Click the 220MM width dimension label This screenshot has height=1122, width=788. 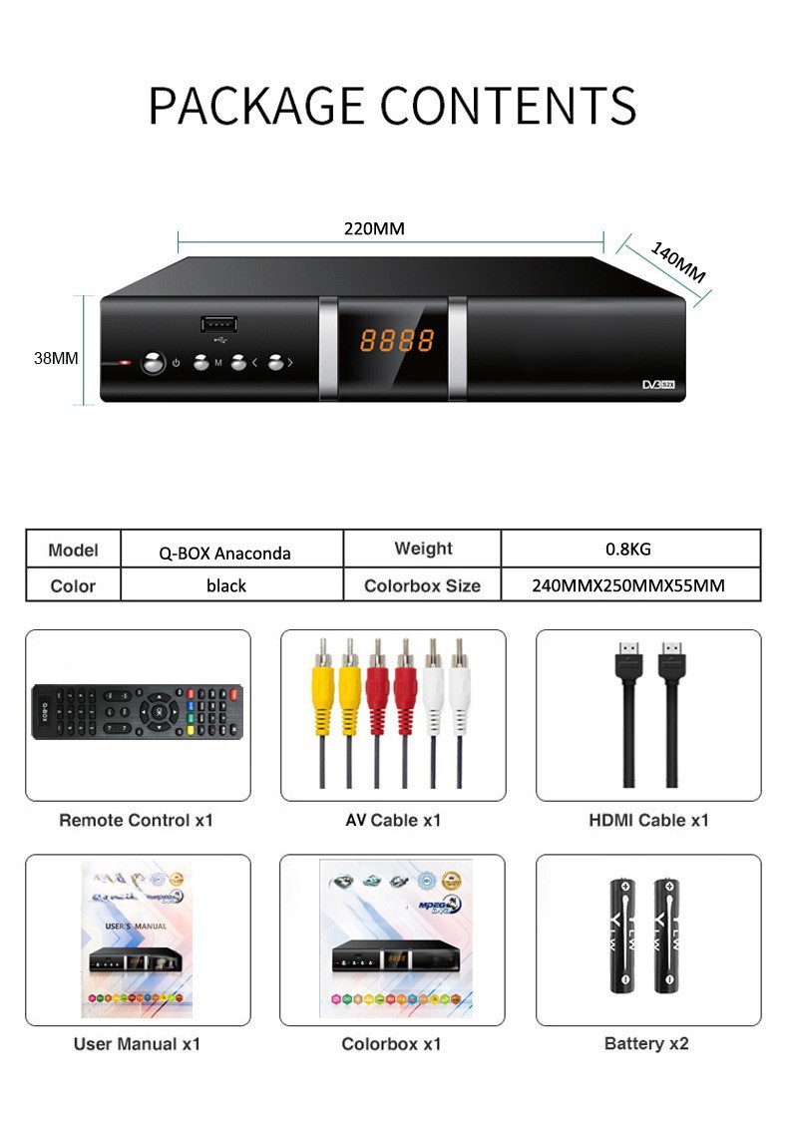pyautogui.click(x=374, y=228)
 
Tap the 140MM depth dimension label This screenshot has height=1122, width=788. pyautogui.click(x=677, y=262)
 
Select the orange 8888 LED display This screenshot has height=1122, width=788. pyautogui.click(x=396, y=341)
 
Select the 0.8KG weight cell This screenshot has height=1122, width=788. pyautogui.click(x=628, y=549)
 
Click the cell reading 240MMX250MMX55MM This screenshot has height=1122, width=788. pyautogui.click(x=628, y=585)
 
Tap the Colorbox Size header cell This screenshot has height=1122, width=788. pyautogui.click(x=422, y=585)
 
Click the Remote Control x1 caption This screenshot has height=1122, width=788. pyautogui.click(x=137, y=820)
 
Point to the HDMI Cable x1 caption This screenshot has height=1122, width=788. pyautogui.click(x=648, y=820)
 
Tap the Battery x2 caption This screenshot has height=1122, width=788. pyautogui.click(x=646, y=1043)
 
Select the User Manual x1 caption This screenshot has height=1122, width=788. pyautogui.click(x=138, y=1043)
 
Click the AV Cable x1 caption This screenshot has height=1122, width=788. pyautogui.click(x=392, y=820)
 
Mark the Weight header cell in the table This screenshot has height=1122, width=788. pyautogui.click(x=423, y=549)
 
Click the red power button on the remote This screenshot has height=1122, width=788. pyautogui.click(x=235, y=691)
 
